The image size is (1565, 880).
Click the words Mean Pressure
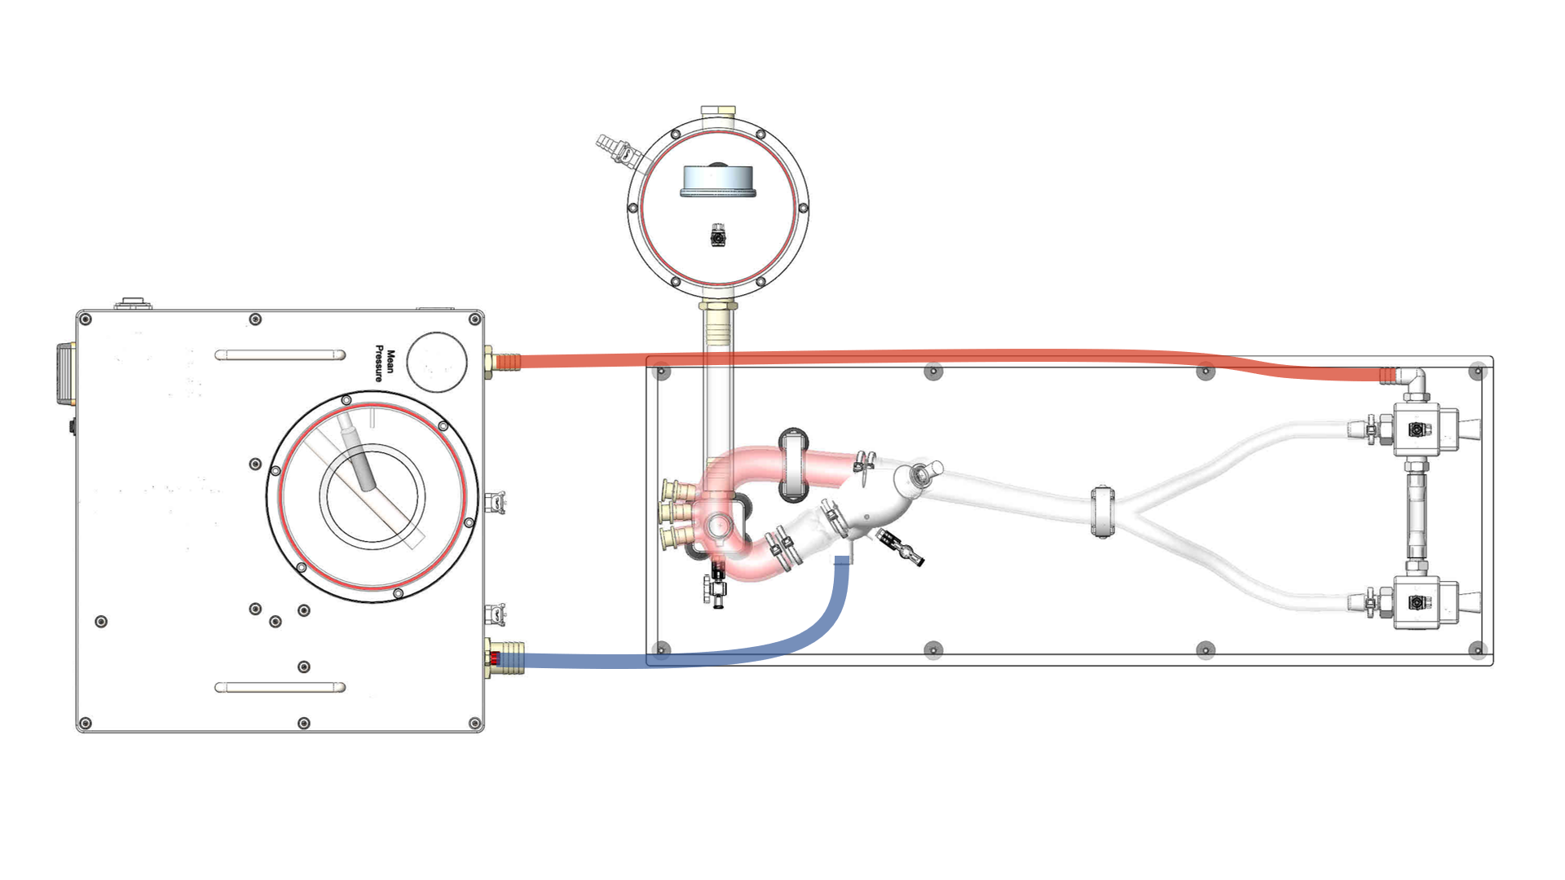(x=384, y=364)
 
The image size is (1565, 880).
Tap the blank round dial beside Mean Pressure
(x=436, y=362)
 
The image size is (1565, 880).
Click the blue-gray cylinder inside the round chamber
(x=718, y=181)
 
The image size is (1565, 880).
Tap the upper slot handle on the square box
(x=280, y=354)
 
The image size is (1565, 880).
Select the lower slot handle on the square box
(x=280, y=687)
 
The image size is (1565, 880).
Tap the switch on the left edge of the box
(x=65, y=374)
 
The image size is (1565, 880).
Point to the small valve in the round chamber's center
(x=718, y=235)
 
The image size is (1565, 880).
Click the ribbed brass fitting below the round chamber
(x=718, y=322)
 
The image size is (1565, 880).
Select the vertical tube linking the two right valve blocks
(x=1416, y=515)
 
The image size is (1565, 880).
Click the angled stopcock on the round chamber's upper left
(x=619, y=152)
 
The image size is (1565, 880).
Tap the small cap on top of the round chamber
(x=718, y=111)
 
